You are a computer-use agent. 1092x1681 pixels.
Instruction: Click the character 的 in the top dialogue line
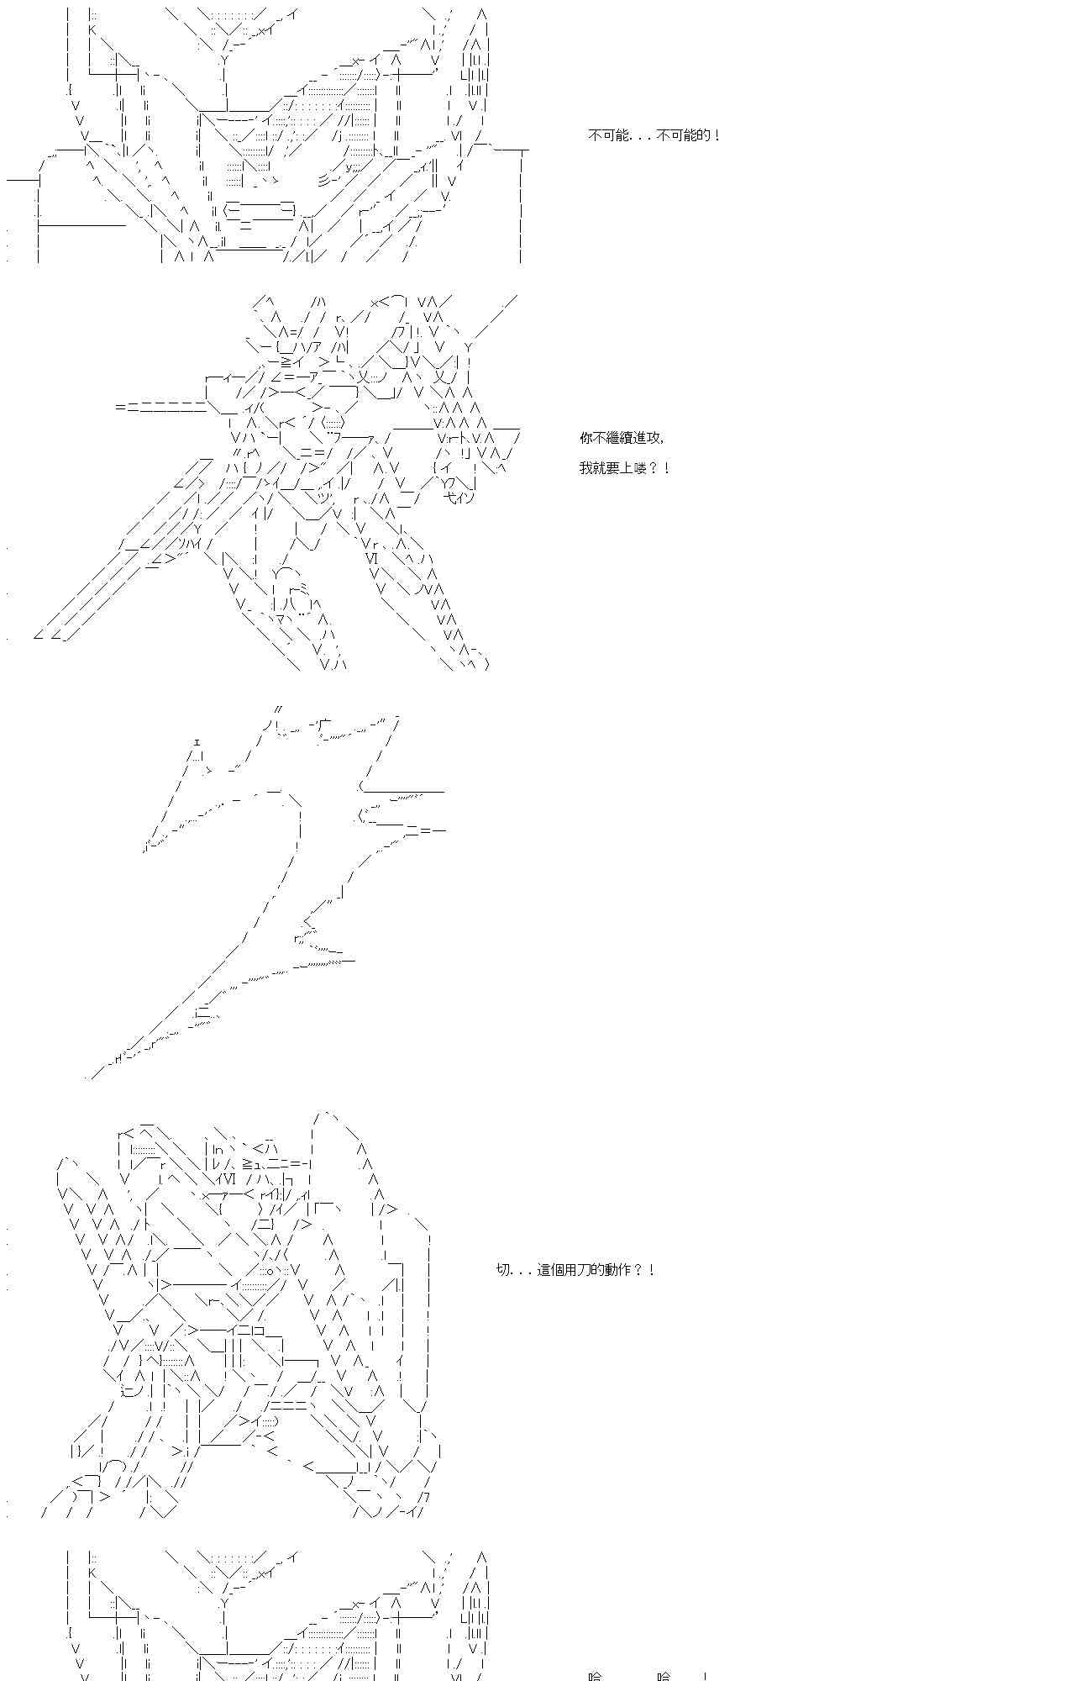[x=704, y=135]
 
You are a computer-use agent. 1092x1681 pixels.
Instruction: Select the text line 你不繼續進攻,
[x=622, y=438]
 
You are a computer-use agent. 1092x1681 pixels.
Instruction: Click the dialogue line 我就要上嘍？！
[x=624, y=468]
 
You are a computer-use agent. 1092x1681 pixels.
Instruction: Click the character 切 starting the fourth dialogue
[x=503, y=1270]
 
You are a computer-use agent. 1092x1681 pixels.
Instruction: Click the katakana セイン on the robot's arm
[x=459, y=498]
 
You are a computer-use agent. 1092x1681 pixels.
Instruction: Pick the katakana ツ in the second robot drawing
[x=322, y=498]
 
